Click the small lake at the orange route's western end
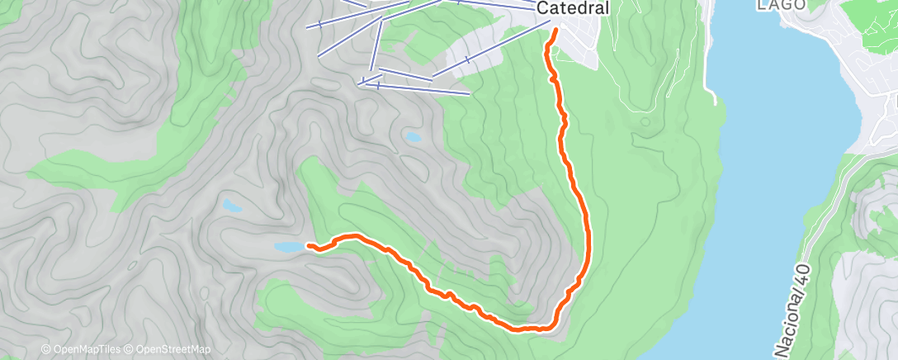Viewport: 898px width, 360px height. point(288,247)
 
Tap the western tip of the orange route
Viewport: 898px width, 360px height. point(309,245)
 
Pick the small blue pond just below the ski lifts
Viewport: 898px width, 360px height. point(411,137)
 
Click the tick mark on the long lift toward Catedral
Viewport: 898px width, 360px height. point(467,59)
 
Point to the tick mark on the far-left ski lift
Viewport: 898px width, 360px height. point(319,25)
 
